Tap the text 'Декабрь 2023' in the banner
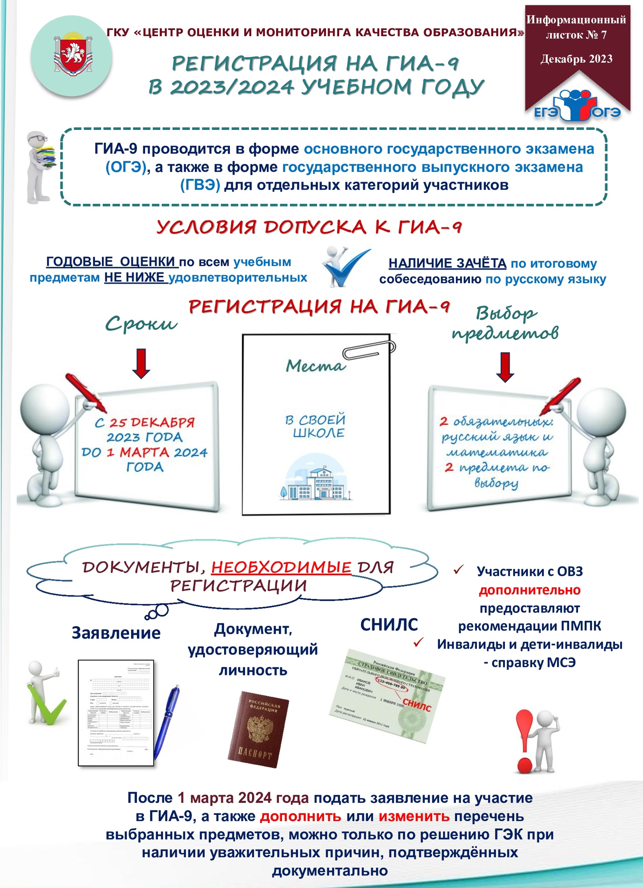click(576, 59)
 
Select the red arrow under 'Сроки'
click(141, 363)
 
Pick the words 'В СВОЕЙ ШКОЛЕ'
click(316, 426)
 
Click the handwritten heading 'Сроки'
click(141, 324)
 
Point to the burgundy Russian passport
click(258, 729)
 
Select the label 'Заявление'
click(116, 633)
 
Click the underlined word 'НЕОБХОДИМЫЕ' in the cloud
click(281, 568)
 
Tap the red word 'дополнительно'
click(530, 590)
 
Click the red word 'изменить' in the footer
click(414, 816)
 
